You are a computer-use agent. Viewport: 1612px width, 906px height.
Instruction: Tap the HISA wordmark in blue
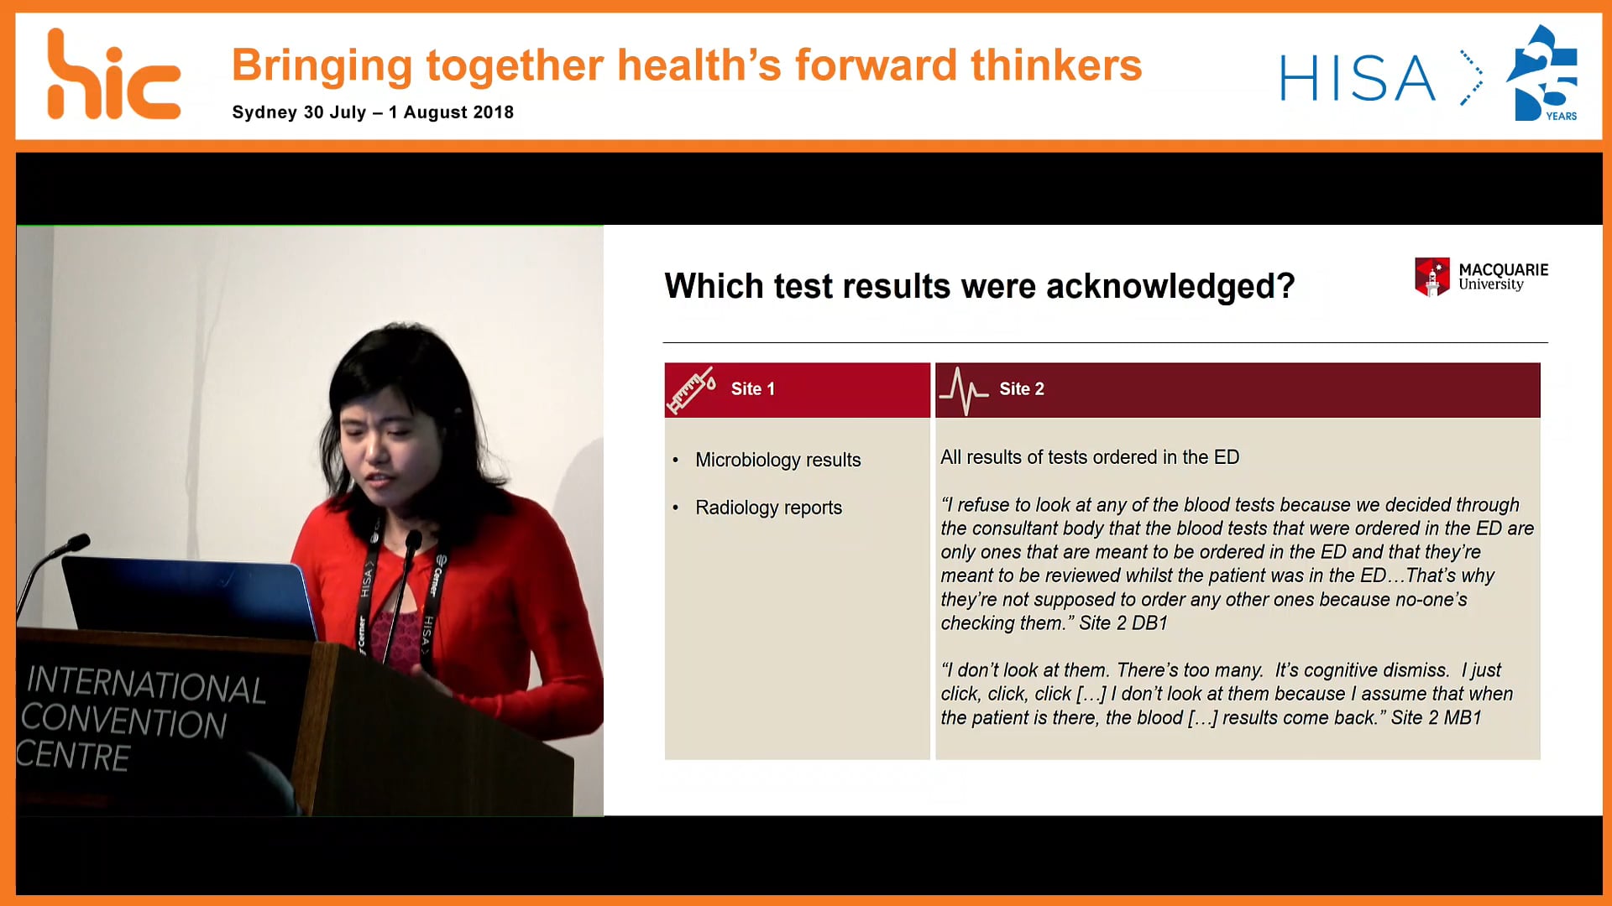pyautogui.click(x=1357, y=79)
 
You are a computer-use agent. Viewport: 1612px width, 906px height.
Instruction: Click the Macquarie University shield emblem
pyautogui.click(x=1431, y=276)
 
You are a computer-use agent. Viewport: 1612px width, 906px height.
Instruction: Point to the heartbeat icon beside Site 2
pyautogui.click(x=963, y=390)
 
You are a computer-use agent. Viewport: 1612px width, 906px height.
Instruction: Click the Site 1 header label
pyautogui.click(x=752, y=389)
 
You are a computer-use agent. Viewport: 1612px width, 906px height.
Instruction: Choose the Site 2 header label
pyautogui.click(x=1021, y=389)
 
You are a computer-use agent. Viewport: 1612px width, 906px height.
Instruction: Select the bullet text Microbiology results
pyautogui.click(x=777, y=460)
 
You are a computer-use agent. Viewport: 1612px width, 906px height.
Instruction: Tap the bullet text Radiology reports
pyautogui.click(x=768, y=508)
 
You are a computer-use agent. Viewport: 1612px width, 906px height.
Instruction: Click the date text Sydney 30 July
pyautogui.click(x=299, y=112)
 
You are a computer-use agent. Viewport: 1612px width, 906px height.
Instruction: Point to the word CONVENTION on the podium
pyautogui.click(x=124, y=722)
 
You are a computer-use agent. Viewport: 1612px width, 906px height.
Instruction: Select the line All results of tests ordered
pyautogui.click(x=1089, y=457)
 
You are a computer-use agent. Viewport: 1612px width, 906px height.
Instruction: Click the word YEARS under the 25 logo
pyautogui.click(x=1561, y=117)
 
